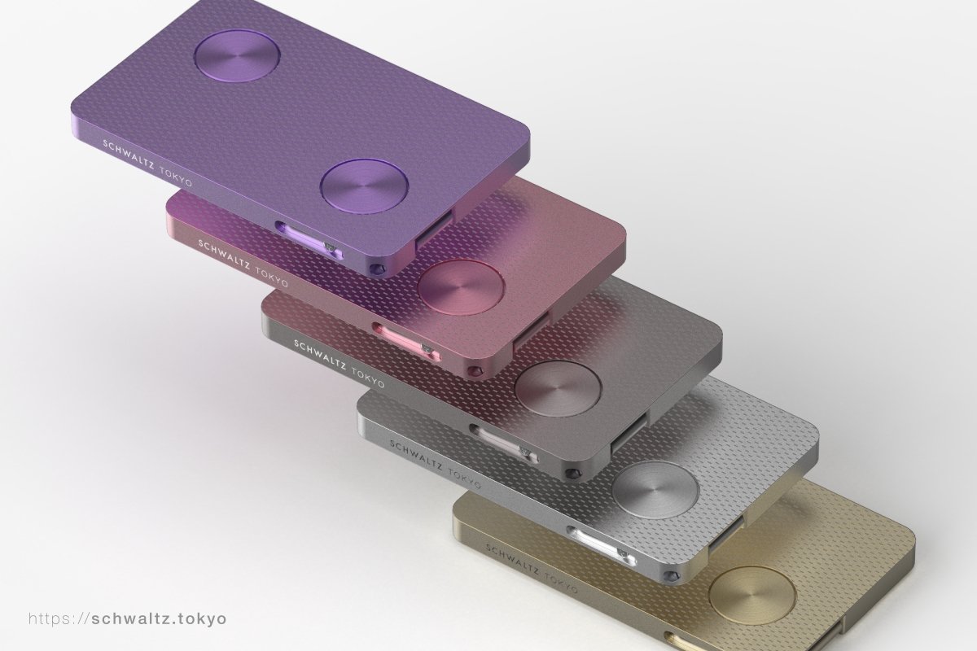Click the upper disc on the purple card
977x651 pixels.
(237, 55)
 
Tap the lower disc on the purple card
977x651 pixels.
(365, 186)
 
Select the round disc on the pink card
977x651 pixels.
(462, 286)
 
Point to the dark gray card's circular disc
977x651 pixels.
(559, 387)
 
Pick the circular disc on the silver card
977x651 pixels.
(655, 489)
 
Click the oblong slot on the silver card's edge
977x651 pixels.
(601, 545)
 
